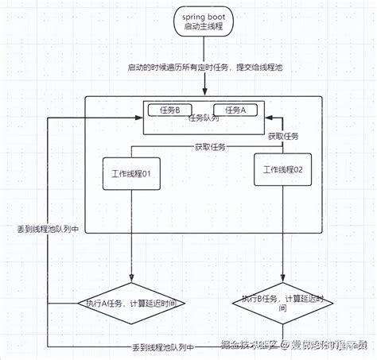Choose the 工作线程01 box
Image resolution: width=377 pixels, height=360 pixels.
click(131, 174)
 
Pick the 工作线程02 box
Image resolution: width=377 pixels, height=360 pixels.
click(283, 169)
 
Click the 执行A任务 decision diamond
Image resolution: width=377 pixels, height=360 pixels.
click(130, 303)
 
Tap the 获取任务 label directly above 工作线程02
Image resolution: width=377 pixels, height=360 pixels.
click(282, 137)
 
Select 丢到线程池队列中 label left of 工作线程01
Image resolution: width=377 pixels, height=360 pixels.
click(47, 228)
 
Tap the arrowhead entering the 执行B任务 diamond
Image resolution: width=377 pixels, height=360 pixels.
click(283, 279)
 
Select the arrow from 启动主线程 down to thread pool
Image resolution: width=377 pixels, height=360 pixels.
click(206, 79)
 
